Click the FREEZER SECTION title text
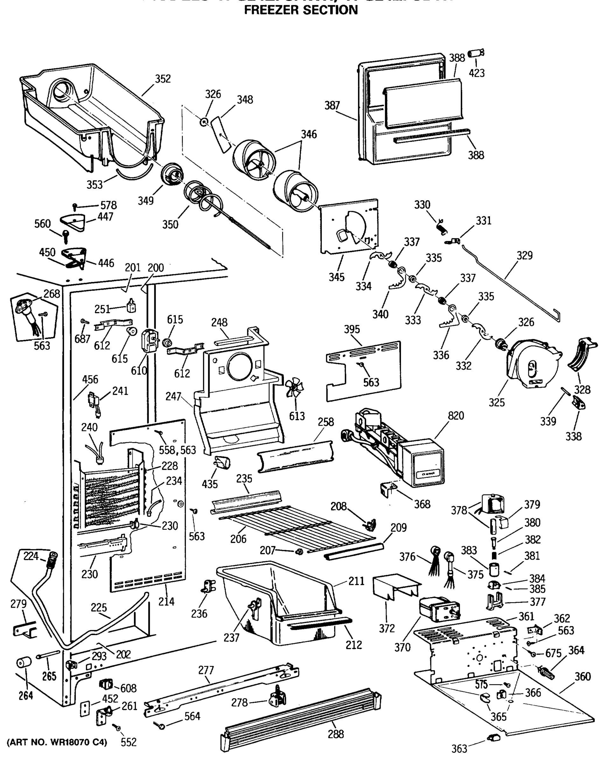click(301, 10)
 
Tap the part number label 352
click(163, 79)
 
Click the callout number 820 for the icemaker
click(455, 415)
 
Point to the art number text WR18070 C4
click(57, 742)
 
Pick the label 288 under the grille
click(335, 734)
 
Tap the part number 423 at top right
click(476, 73)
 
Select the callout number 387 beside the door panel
click(332, 105)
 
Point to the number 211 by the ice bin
click(356, 581)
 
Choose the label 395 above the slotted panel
click(352, 329)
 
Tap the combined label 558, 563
click(177, 450)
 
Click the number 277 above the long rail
click(206, 670)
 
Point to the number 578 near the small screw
click(109, 205)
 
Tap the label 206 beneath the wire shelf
click(238, 539)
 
